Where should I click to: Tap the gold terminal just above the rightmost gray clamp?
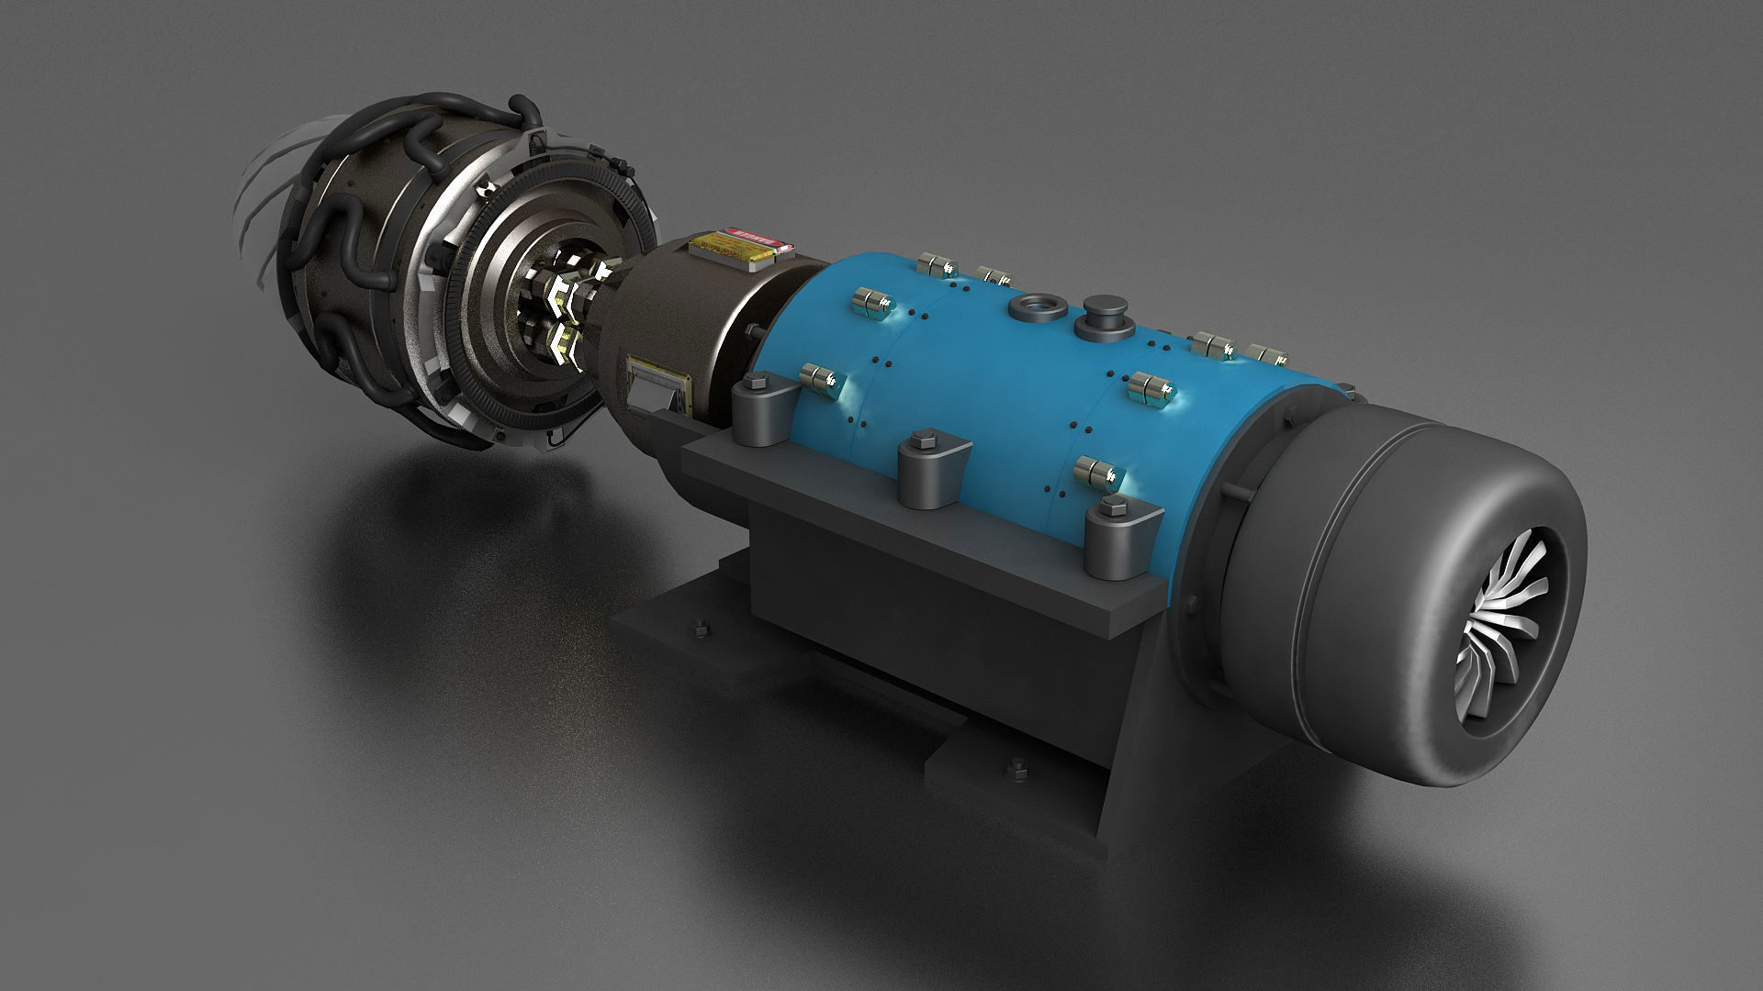(1098, 471)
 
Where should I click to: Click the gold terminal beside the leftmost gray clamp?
(821, 376)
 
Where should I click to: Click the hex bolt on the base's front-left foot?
(695, 629)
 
